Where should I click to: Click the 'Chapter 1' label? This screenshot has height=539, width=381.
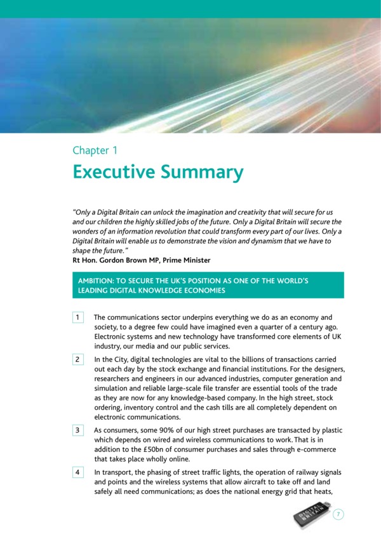point(95,150)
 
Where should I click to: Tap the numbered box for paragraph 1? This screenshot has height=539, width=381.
point(77,317)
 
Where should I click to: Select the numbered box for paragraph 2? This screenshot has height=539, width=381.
point(77,359)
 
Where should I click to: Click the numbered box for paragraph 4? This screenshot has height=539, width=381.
point(77,473)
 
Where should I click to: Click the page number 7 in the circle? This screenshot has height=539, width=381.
point(338,515)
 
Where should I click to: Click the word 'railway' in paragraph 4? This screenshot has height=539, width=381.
point(302,472)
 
